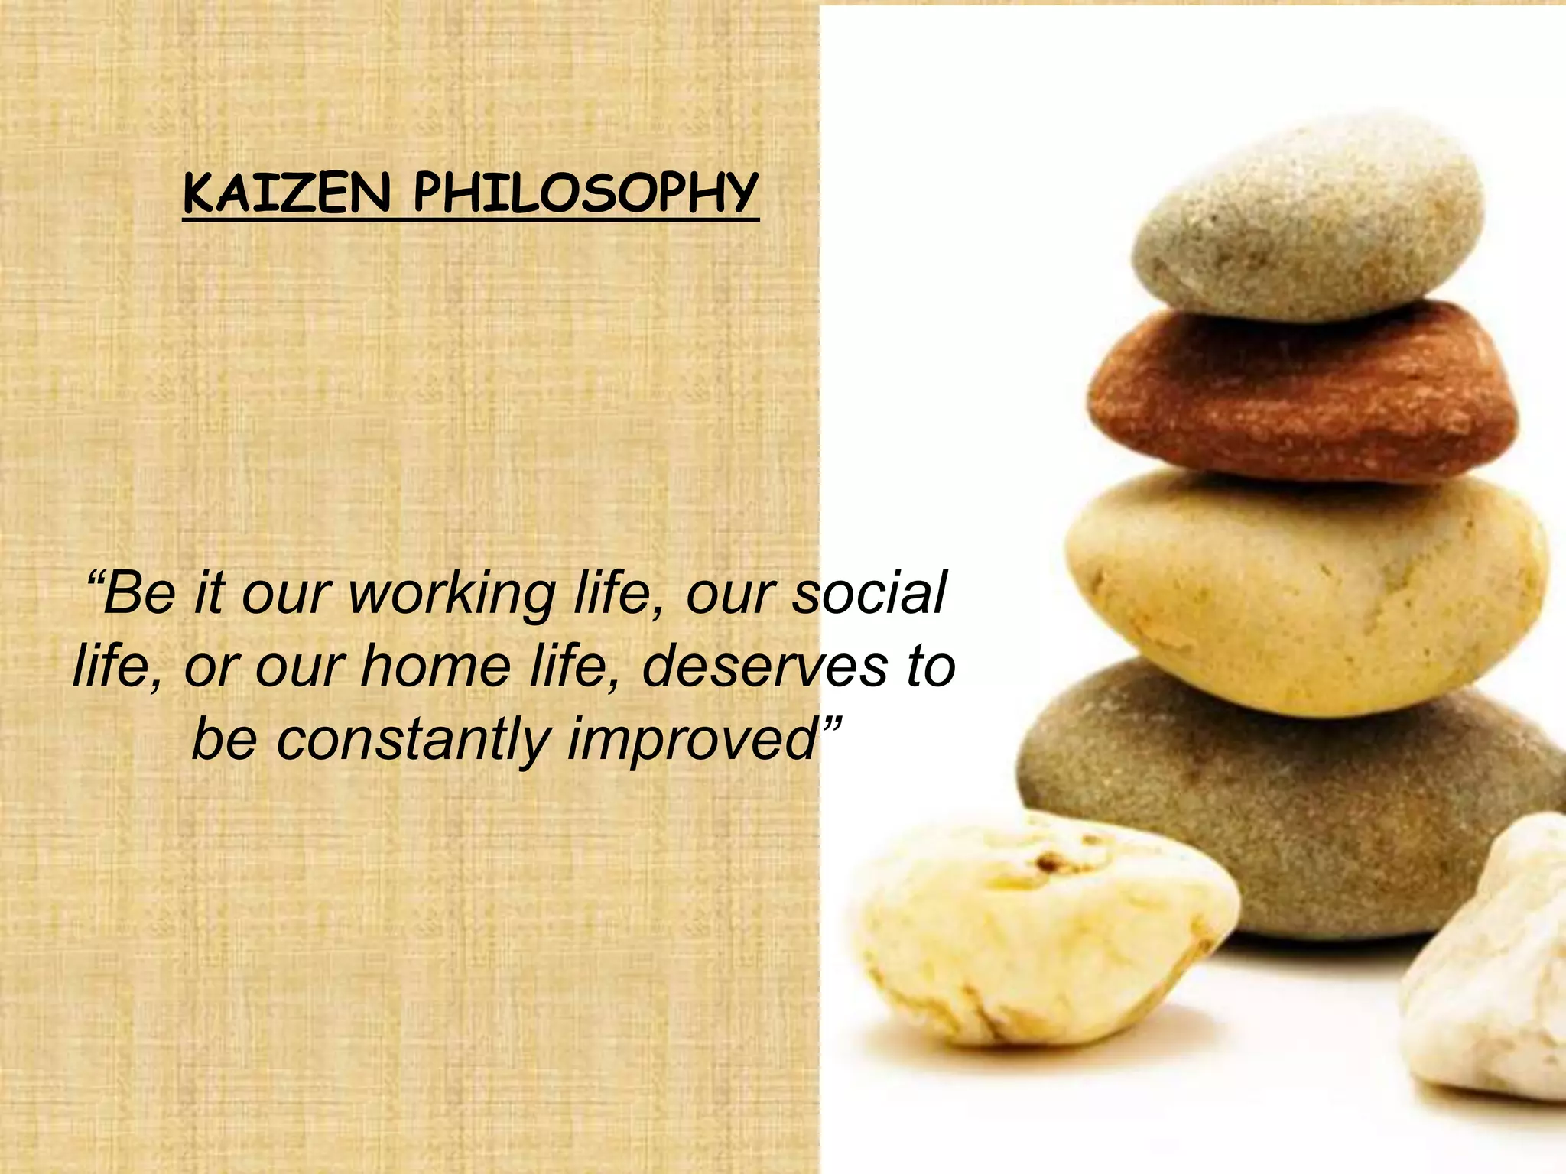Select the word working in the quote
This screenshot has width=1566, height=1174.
(x=452, y=595)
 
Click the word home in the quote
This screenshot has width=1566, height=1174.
(x=435, y=666)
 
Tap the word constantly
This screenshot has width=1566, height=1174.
(x=413, y=739)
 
